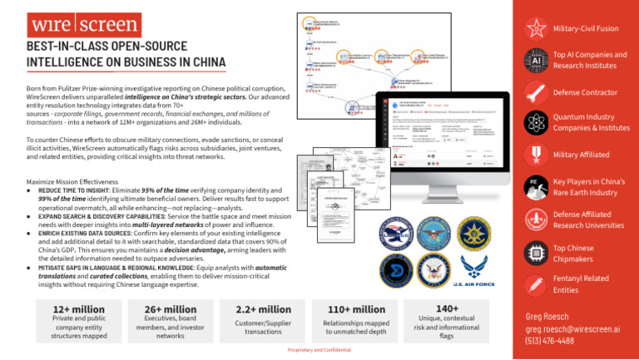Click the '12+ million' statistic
tap(66, 310)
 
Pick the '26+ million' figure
tap(158, 310)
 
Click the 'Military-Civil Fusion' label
tap(587, 27)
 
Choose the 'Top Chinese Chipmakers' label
tap(581, 254)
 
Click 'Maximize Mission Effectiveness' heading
tap(77, 180)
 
